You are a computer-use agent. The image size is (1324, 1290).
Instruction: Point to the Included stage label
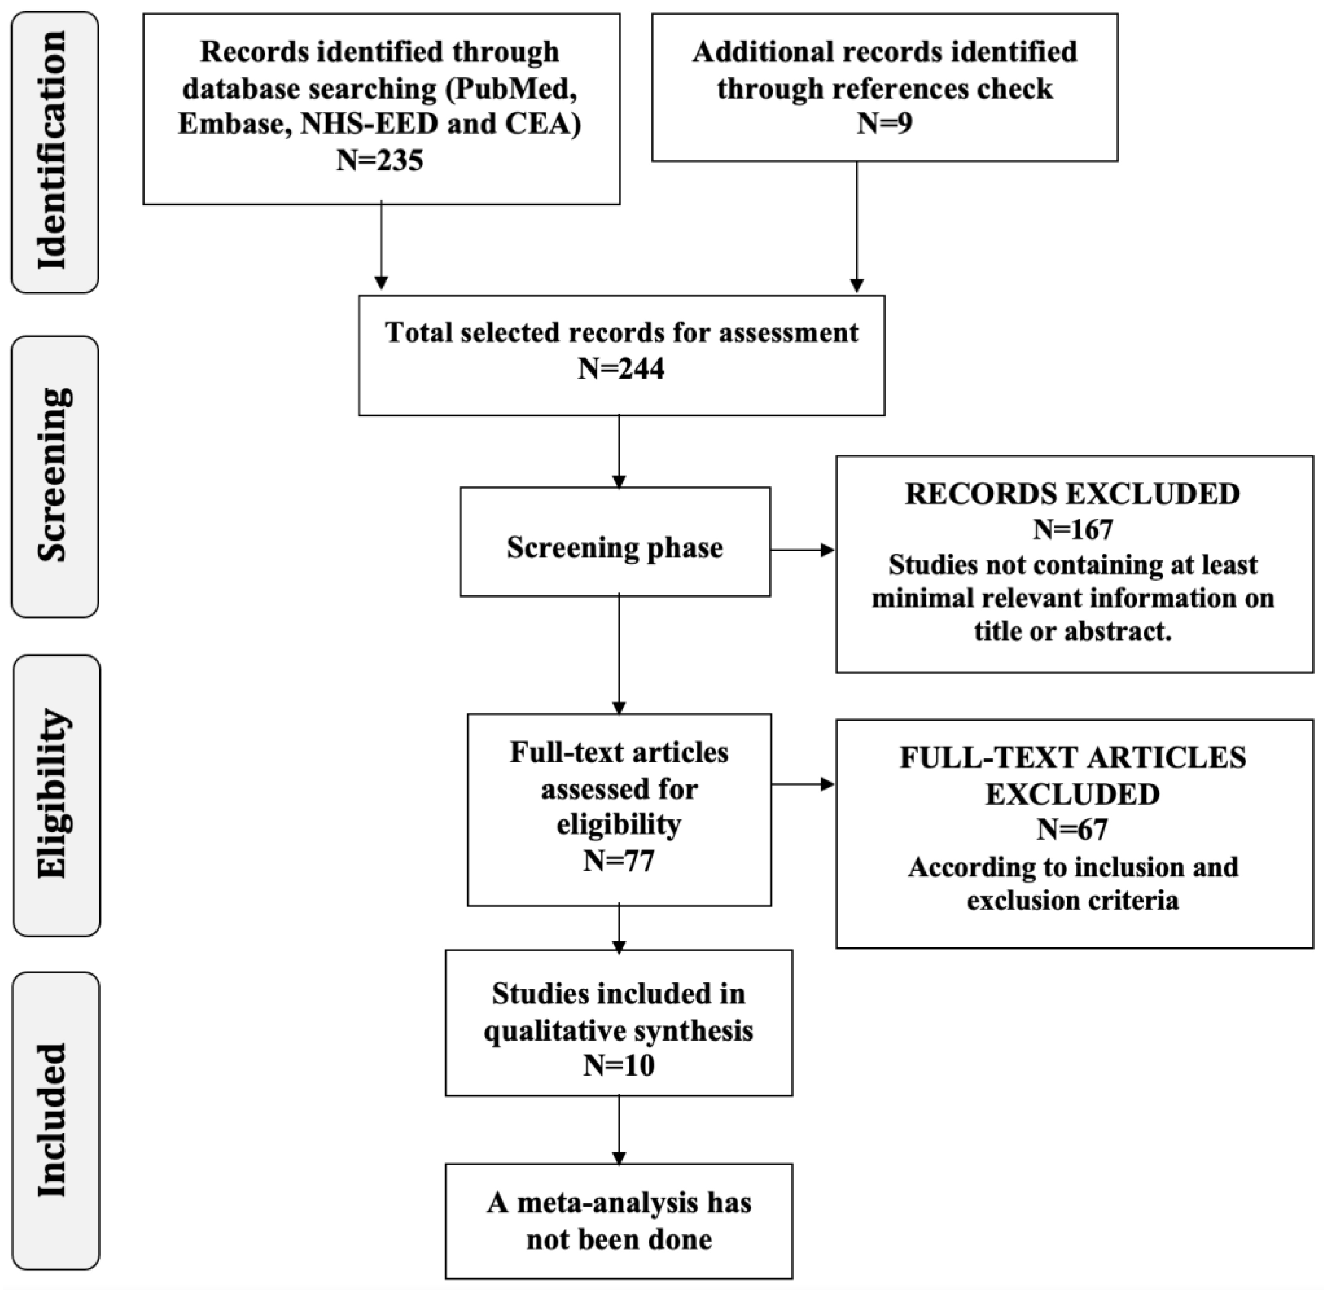click(54, 1119)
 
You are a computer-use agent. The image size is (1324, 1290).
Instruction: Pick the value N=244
click(621, 369)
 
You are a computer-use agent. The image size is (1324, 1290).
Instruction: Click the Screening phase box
click(615, 547)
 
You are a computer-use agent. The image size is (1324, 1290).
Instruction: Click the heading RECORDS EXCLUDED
click(1072, 494)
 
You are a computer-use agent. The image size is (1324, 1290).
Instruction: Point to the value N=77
click(619, 861)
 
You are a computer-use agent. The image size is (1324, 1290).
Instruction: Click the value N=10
click(619, 1066)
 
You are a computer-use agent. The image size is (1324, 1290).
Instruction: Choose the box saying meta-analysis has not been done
click(619, 1221)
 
